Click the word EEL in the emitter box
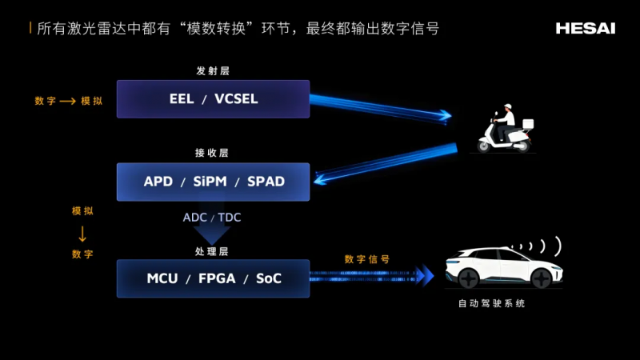[182, 99]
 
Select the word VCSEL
[242, 99]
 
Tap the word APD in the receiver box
[158, 182]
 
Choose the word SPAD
[266, 182]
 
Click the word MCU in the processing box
[162, 278]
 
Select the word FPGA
[218, 278]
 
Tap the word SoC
[269, 278]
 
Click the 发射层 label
[213, 70]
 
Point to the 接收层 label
[212, 153]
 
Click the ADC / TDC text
[212, 217]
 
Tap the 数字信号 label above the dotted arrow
[367, 259]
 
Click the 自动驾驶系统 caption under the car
[492, 304]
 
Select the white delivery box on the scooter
[526, 124]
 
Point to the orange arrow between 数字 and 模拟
[66, 101]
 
